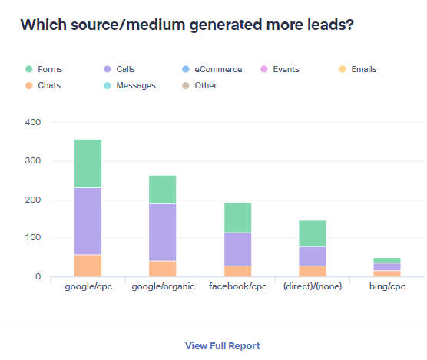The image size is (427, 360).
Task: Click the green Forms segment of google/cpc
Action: point(88,163)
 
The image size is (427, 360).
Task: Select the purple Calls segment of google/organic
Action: point(162,232)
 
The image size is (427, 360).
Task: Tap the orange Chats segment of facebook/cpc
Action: point(237,271)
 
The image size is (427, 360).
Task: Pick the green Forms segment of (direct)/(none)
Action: point(312,233)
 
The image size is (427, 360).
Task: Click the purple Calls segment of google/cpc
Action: point(88,221)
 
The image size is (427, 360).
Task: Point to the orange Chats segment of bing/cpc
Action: point(387,273)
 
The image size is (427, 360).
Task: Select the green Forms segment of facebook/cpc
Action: point(237,217)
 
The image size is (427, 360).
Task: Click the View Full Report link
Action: point(223,345)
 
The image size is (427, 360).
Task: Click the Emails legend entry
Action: point(364,69)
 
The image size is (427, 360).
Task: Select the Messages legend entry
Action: point(135,85)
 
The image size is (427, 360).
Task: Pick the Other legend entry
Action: point(207,85)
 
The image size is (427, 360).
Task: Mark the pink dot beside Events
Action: point(265,69)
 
